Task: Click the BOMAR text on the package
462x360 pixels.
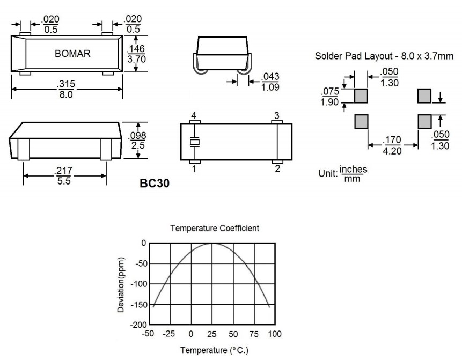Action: coord(73,54)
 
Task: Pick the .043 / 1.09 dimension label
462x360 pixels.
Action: coord(270,82)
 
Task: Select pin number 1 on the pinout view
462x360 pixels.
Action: coord(194,169)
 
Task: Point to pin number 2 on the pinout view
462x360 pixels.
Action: coord(277,169)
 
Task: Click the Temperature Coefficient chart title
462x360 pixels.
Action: coord(214,228)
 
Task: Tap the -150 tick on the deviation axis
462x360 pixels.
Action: coord(139,305)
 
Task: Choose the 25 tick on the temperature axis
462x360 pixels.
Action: coord(212,334)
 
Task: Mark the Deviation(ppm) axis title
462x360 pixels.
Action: coord(123,284)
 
